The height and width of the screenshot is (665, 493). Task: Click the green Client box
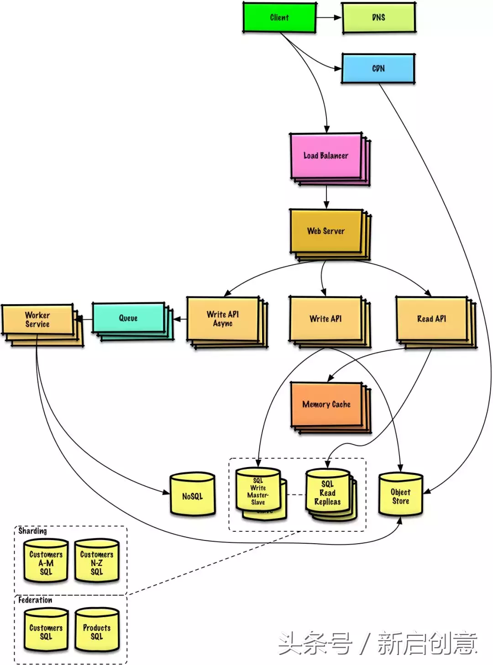coord(279,17)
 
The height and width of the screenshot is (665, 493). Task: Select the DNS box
coord(379,17)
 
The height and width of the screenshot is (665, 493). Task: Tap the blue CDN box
coord(378,68)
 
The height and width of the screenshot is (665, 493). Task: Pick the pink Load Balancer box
coord(330,159)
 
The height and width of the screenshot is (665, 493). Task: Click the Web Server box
coord(330,234)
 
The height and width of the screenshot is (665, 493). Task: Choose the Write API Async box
coord(227,322)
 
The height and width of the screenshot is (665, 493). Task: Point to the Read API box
coord(436,322)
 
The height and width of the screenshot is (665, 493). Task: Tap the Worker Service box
coord(42,325)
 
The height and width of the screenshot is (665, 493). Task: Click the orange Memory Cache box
coord(331,407)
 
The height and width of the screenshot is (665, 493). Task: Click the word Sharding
coord(32,531)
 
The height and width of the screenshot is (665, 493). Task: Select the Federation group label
coord(35,600)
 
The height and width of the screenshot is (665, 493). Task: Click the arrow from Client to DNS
coord(329,17)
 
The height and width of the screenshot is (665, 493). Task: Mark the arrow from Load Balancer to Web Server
coord(326,197)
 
